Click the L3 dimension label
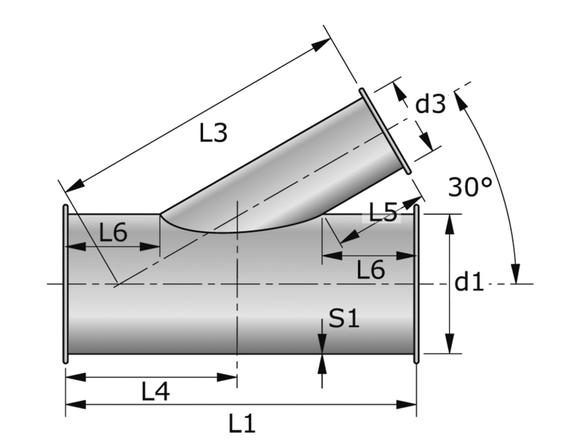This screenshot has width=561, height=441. coord(213,133)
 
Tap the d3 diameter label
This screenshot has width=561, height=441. coord(430,104)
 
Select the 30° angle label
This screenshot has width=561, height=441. coord(470,187)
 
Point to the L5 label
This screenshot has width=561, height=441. coord(383,212)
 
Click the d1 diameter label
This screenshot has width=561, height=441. coord(469,283)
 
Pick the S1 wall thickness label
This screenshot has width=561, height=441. coord(343,319)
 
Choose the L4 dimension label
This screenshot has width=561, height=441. coord(155,392)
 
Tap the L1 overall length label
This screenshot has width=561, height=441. coord(242,424)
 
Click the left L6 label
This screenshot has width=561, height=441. coord(113,233)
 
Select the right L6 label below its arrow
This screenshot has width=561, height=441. coord(371,271)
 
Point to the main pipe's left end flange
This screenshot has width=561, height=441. coord(66,285)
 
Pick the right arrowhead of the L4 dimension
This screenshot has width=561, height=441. coord(229,377)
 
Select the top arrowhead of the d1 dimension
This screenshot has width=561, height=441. coord(449,222)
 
